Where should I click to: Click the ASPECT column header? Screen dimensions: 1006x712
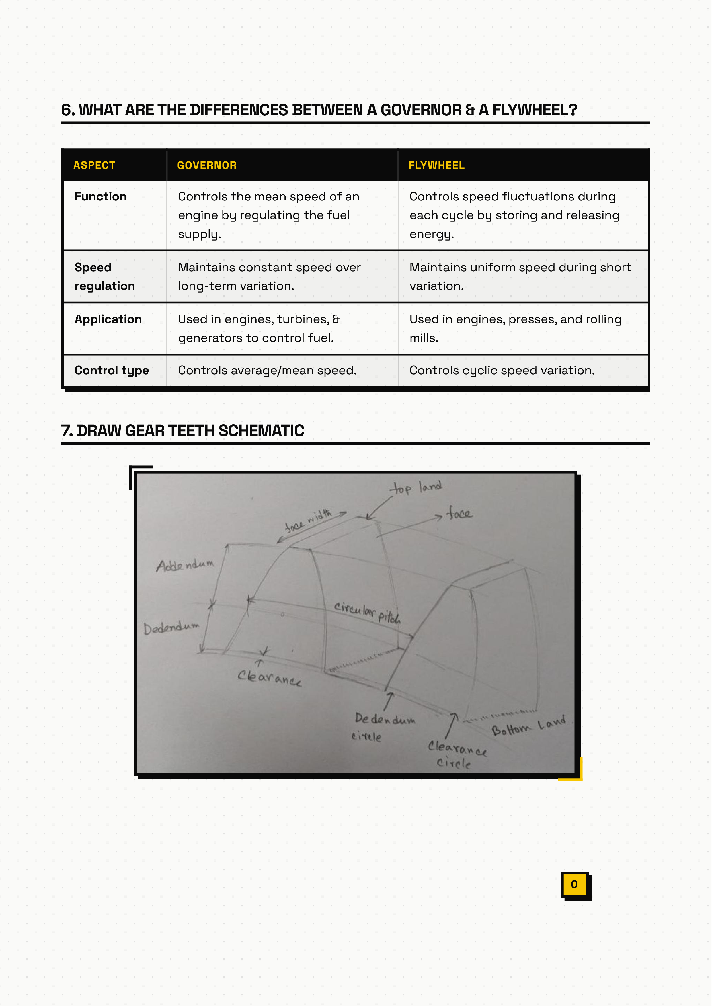click(x=94, y=165)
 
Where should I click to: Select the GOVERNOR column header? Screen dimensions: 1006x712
click(x=206, y=165)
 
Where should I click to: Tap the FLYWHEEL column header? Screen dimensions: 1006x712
click(x=436, y=165)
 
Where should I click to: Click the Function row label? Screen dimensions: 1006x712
click(x=100, y=196)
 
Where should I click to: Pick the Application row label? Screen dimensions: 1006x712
click(x=108, y=319)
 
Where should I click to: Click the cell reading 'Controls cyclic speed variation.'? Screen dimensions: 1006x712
click(x=502, y=371)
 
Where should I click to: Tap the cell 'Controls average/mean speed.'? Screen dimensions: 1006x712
click(x=267, y=371)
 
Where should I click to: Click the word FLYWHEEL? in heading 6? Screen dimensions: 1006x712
click(x=535, y=110)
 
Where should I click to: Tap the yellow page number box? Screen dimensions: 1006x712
click(x=574, y=884)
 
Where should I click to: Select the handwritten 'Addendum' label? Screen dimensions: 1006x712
click(x=185, y=565)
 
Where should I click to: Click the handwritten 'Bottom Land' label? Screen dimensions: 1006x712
click(x=528, y=726)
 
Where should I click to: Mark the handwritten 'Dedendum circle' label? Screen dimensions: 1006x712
click(x=383, y=727)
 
